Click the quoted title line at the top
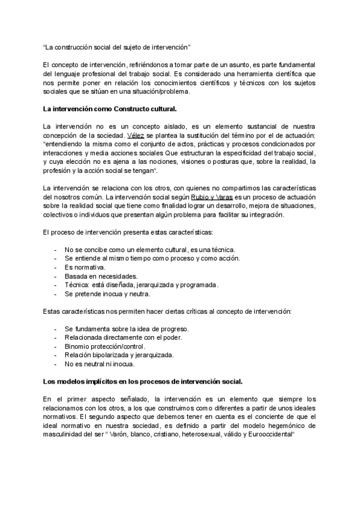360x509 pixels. coord(117,46)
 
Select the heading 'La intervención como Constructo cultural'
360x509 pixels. coord(109,109)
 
